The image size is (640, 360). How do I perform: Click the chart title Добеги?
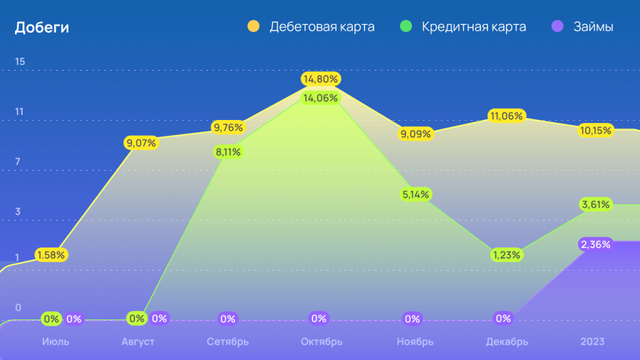[42, 27]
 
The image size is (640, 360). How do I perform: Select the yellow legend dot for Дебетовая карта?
[253, 27]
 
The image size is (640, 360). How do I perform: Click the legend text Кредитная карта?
[474, 27]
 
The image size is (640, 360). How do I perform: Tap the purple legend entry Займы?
[593, 27]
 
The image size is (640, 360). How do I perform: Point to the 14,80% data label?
[320, 79]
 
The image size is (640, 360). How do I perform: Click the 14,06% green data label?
[320, 97]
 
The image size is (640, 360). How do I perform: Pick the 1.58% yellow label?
[51, 255]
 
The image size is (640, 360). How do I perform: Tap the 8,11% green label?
[228, 151]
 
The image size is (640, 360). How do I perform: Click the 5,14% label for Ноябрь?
[416, 194]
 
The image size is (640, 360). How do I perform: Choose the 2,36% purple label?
[595, 244]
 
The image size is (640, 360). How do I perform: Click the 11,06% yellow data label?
[506, 116]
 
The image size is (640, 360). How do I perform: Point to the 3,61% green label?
[595, 204]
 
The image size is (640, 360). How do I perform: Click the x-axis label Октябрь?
[321, 342]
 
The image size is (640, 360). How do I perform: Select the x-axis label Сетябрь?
[227, 342]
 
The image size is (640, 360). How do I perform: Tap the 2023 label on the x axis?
[592, 342]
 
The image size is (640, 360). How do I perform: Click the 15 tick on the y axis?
[20, 61]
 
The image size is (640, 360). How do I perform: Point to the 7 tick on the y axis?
[18, 162]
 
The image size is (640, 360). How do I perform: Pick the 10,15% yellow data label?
[595, 131]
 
